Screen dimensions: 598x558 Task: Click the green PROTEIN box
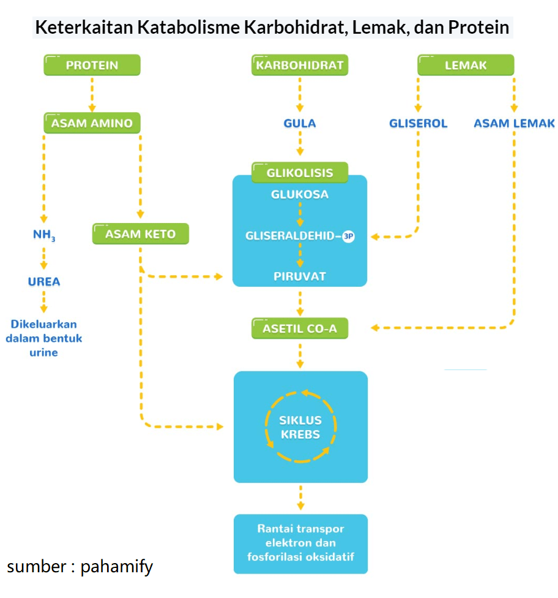click(92, 65)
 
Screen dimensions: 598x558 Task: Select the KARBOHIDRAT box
click(300, 65)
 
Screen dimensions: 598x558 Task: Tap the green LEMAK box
click(466, 65)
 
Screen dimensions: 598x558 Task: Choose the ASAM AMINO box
click(92, 123)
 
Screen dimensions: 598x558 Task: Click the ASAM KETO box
click(140, 233)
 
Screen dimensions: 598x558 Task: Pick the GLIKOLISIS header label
click(300, 173)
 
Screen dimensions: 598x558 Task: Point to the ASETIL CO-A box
click(300, 328)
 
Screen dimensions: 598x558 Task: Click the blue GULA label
click(300, 123)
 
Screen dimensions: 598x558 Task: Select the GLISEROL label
click(418, 123)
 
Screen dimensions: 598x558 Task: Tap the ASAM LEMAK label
click(514, 123)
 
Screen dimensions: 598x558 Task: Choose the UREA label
click(44, 282)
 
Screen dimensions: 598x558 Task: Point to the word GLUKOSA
click(300, 194)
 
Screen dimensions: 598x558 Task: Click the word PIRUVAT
click(300, 276)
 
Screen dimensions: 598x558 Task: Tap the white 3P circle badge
click(348, 236)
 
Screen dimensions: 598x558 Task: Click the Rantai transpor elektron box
click(300, 543)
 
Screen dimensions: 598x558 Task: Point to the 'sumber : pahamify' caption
click(80, 566)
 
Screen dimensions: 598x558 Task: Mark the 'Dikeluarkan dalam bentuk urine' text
click(44, 338)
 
